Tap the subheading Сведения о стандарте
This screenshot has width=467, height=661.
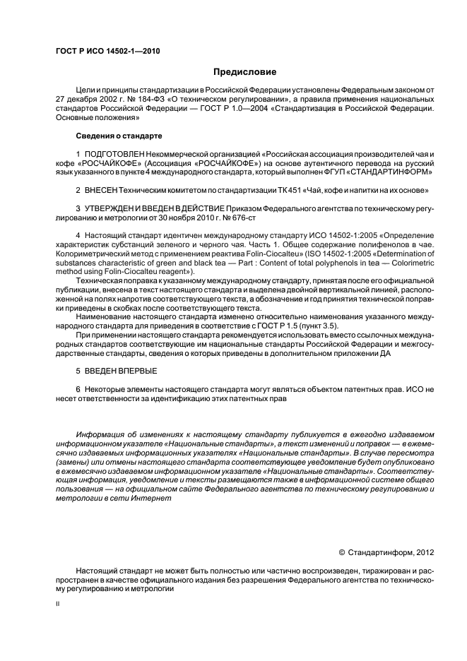(119, 135)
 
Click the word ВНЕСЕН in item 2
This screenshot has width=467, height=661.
(102, 191)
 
